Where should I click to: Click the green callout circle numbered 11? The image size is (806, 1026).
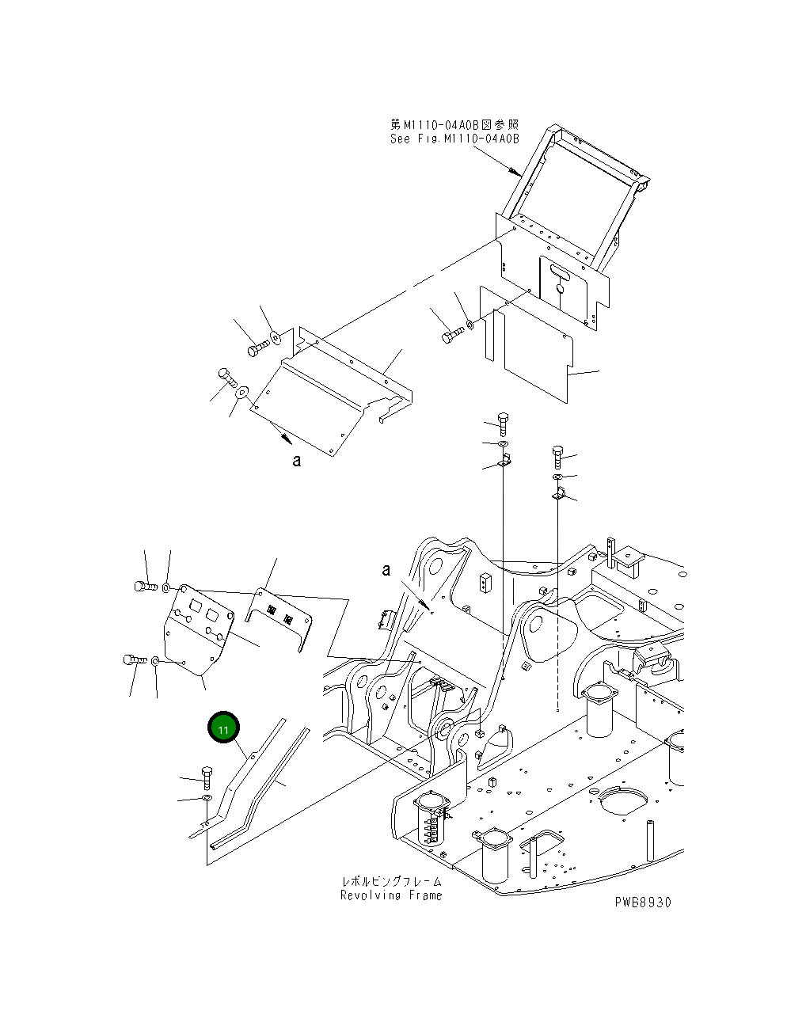pos(223,729)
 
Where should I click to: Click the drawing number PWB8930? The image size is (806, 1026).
pos(641,902)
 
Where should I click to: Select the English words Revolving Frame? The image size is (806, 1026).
pos(391,895)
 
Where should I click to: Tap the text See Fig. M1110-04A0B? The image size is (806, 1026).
pos(454,139)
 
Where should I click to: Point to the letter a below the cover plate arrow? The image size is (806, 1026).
pos(297,461)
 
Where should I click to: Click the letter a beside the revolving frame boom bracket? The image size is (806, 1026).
pos(386,570)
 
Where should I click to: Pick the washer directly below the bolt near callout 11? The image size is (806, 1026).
pos(206,799)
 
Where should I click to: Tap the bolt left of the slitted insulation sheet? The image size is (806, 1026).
pos(450,336)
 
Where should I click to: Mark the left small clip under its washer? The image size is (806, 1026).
pos(504,461)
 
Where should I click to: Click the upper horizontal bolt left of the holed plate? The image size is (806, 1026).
pos(143,587)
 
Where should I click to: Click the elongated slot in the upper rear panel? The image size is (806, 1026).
pos(561,274)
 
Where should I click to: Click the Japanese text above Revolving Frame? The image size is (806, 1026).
pos(391,881)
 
